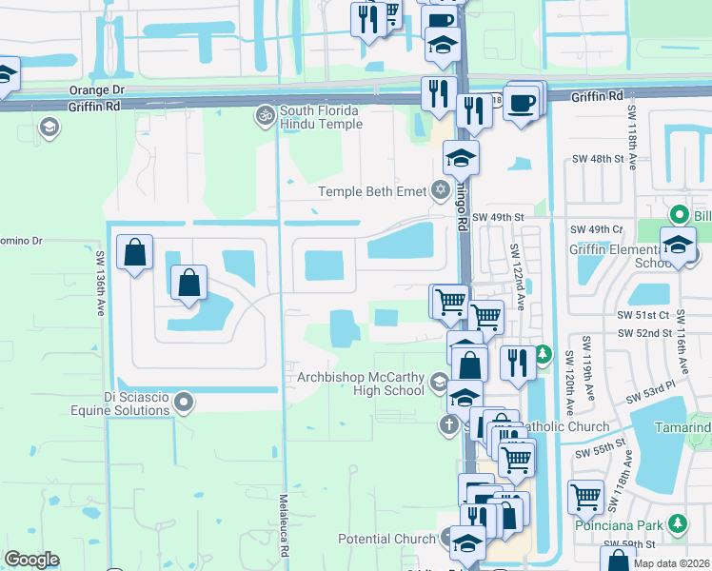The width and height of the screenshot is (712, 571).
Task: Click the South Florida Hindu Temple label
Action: [321, 117]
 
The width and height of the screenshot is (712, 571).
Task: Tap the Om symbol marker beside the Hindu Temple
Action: [264, 116]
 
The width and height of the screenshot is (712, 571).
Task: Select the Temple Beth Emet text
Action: [372, 191]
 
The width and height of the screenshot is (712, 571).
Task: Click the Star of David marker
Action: [440, 191]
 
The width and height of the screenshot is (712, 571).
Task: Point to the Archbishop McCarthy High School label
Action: [361, 384]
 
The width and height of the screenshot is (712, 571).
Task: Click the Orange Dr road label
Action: [97, 90]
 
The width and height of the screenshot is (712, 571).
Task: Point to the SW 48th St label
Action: [595, 158]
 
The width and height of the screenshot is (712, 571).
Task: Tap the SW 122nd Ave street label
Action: [518, 276]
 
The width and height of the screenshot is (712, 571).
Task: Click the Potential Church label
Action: [386, 539]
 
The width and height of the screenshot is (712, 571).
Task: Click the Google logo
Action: [31, 560]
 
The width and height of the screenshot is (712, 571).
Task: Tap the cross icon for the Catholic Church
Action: [449, 424]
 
